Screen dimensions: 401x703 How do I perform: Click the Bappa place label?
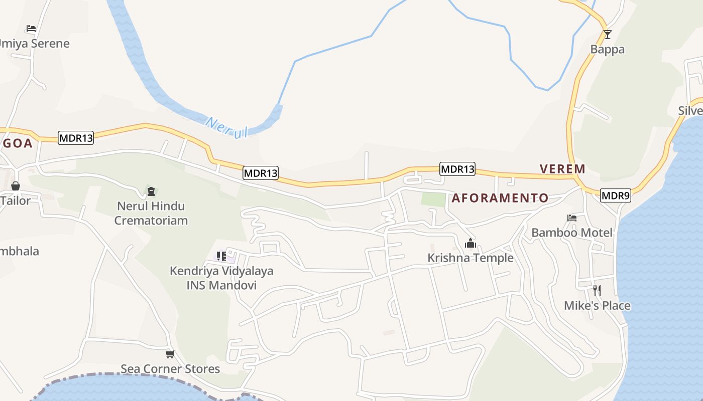point(607,49)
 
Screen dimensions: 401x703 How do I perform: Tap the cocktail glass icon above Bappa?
point(607,34)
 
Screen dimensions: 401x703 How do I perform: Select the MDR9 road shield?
point(615,196)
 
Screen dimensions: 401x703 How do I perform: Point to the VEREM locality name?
point(562,169)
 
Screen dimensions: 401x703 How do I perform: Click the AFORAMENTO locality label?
point(500,198)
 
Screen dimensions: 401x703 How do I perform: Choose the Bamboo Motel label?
point(571,233)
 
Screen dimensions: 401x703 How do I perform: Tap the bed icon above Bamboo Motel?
point(571,218)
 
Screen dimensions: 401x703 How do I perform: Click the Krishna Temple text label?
point(470,258)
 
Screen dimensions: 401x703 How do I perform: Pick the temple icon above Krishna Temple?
point(471,244)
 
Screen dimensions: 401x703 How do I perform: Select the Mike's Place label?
point(597,305)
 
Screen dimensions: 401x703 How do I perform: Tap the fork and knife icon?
point(597,290)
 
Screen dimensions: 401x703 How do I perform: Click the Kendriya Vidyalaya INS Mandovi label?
point(221,278)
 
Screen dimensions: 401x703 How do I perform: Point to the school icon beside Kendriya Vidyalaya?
point(221,256)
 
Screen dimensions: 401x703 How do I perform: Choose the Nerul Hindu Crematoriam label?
point(151,213)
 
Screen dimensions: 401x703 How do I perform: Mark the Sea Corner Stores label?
point(170,369)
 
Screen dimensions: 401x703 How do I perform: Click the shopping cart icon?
point(170,354)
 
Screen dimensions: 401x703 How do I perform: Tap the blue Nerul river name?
point(227,127)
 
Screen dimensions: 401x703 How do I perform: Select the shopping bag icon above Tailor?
point(16,186)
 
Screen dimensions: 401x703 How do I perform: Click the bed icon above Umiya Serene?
point(31,29)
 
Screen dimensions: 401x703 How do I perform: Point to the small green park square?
point(433,199)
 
